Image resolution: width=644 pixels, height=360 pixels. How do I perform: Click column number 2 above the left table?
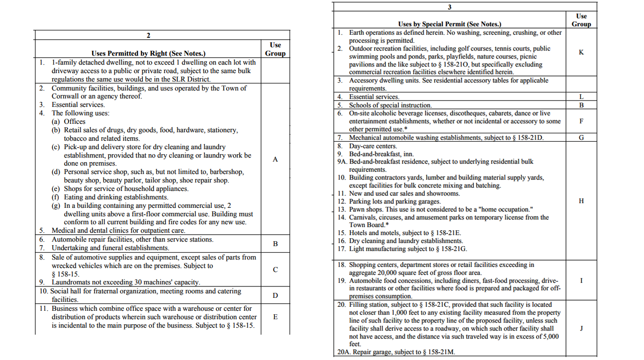point(148,35)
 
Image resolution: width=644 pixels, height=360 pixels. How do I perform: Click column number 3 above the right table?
point(450,7)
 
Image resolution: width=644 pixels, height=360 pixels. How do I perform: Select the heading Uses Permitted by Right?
point(148,54)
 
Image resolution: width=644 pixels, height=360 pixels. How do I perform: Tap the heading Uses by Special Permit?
point(450,24)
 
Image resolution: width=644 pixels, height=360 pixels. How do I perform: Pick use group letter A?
point(275,160)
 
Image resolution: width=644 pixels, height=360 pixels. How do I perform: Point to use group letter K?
point(581,52)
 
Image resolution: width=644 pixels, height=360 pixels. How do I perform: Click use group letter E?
point(275,317)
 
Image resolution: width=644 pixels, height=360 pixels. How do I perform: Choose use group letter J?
point(581,328)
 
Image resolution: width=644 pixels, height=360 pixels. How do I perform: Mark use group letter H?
point(581,201)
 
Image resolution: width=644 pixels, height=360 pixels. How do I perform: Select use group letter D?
point(275,295)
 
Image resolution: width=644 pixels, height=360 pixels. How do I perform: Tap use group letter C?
point(275,270)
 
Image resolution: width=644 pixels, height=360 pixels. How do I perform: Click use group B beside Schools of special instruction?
point(581,105)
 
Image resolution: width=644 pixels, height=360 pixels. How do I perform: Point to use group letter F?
point(581,121)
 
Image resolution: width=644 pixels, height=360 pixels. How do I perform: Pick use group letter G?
point(581,137)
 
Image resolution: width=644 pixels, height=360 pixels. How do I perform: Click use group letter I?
point(581,280)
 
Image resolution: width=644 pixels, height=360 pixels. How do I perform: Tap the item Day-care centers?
point(372,146)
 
